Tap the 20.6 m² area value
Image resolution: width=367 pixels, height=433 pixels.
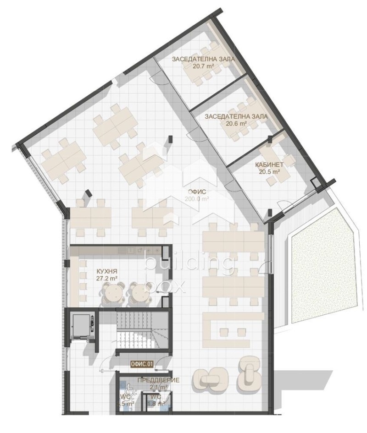(x=237, y=124)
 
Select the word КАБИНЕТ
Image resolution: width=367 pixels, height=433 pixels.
(x=269, y=164)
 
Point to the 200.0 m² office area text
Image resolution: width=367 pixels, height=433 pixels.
(x=197, y=199)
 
